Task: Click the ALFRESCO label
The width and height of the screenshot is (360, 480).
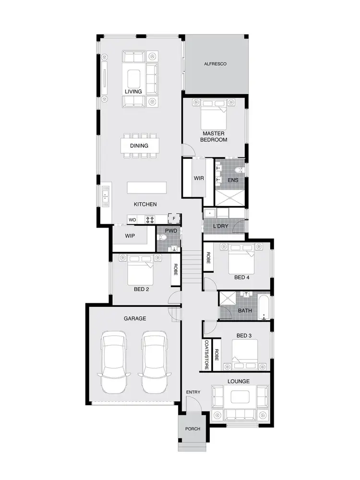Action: (215, 64)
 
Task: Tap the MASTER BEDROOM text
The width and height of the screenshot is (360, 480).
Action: (214, 136)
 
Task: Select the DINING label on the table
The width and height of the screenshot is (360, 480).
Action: (139, 145)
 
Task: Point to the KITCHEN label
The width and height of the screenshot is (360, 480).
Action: (145, 204)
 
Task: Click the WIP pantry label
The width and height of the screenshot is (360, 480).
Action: (130, 236)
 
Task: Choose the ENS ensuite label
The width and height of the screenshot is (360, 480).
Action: (233, 180)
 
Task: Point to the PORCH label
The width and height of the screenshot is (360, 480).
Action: (192, 429)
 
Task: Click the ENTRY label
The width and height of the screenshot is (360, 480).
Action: (193, 393)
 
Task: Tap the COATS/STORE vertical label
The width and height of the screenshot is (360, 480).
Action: (206, 355)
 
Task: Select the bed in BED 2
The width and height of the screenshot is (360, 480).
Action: (140, 271)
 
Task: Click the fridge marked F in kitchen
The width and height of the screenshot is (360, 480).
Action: (174, 219)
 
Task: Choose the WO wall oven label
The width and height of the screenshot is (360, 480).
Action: (132, 220)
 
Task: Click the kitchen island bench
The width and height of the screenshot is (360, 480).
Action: (147, 186)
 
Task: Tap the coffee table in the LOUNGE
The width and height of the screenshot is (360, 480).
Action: (240, 397)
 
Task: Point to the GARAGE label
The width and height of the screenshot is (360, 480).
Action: (135, 318)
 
